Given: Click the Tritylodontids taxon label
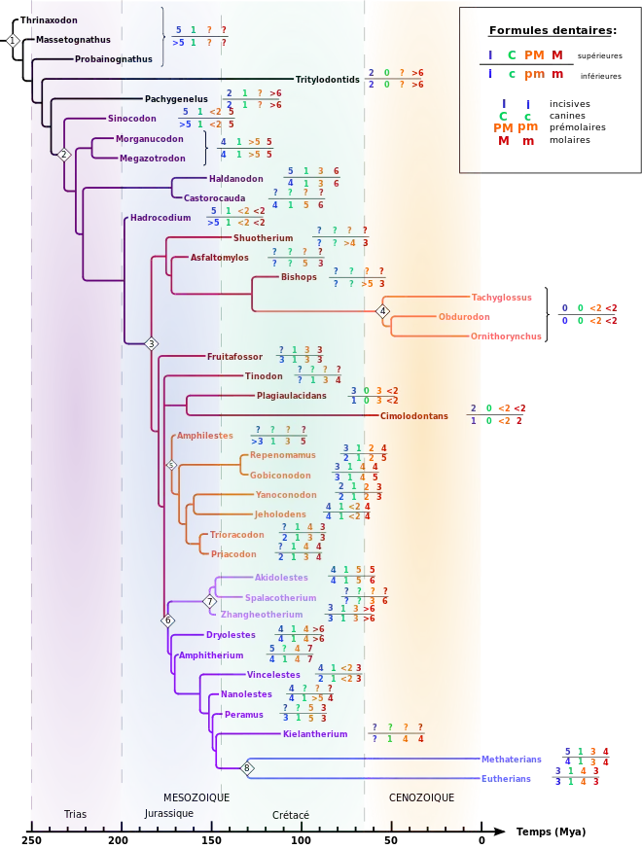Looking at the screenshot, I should pyautogui.click(x=328, y=79).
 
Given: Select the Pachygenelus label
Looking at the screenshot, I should pyautogui.click(x=176, y=98).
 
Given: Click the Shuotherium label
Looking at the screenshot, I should pyautogui.click(x=263, y=237).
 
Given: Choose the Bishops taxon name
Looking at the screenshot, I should pyautogui.click(x=299, y=276).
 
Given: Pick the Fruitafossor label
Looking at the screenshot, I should pyautogui.click(x=234, y=357).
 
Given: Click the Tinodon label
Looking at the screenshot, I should pyautogui.click(x=264, y=376).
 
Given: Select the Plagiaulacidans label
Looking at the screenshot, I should pyautogui.click(x=285, y=396).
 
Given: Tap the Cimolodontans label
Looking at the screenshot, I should pyautogui.click(x=414, y=415).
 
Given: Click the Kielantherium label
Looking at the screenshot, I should pyautogui.click(x=315, y=733).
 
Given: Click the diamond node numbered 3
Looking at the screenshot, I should pyautogui.click(x=151, y=344).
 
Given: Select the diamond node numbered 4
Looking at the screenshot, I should pyautogui.click(x=383, y=311).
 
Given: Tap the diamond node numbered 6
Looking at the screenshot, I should pyautogui.click(x=167, y=620).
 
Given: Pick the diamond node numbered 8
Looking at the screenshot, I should pyautogui.click(x=247, y=768).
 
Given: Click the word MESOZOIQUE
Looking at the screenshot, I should pyautogui.click(x=196, y=797).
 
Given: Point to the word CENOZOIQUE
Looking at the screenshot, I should pyautogui.click(x=421, y=797).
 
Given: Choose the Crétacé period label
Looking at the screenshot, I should pyautogui.click(x=291, y=814).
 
